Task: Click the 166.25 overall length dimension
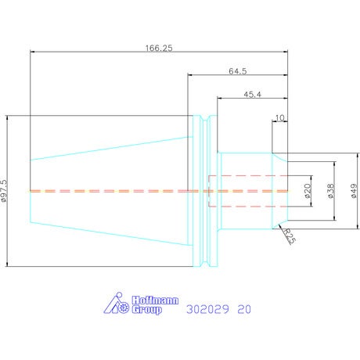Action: click(159, 49)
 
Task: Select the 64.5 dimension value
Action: click(238, 71)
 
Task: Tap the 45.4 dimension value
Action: click(252, 94)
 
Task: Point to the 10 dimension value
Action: click(279, 118)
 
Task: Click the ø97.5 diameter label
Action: click(5, 191)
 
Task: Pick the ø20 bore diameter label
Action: click(308, 191)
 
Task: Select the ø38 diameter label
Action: click(331, 191)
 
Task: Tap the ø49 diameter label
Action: click(354, 191)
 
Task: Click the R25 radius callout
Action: click(290, 236)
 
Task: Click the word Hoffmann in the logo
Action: click(155, 301)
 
